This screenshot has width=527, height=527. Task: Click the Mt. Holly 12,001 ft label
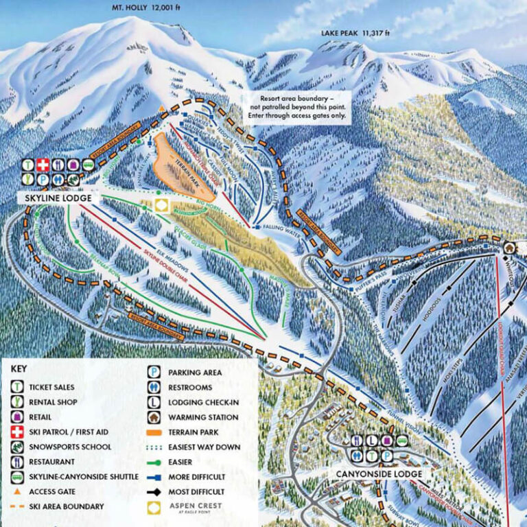pos(149,8)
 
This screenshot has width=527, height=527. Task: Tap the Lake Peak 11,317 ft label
pos(355,33)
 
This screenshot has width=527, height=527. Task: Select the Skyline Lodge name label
pos(55,198)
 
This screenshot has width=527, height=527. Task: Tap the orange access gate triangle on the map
pos(162,108)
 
